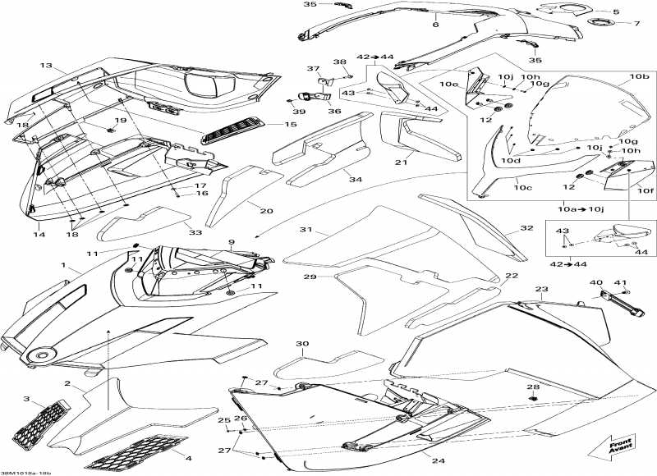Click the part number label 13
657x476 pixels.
[x=45, y=65]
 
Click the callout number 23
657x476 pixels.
[x=541, y=290]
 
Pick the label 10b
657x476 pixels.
[x=639, y=76]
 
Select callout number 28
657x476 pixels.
[x=533, y=387]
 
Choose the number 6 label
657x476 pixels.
[x=436, y=25]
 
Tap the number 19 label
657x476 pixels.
[x=121, y=121]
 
